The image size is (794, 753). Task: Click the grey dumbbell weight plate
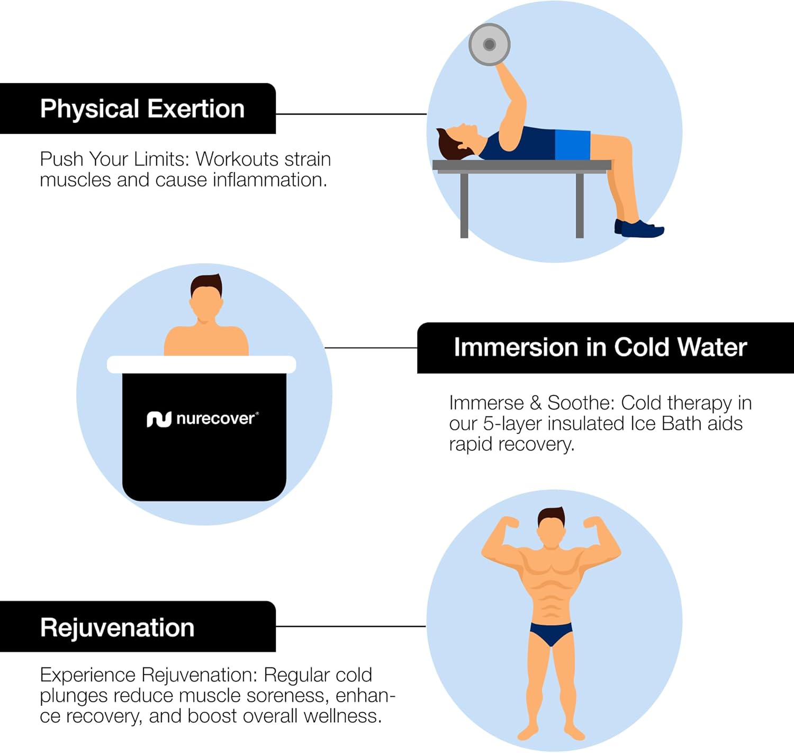pos(489,45)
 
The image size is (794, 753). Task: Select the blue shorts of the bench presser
pos(573,144)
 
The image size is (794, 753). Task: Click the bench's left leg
pos(464,206)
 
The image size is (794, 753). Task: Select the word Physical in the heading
pos(89,109)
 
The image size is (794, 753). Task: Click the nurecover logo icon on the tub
pos(159,419)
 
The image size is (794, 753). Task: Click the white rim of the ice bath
pos(201,365)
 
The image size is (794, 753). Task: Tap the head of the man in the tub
pos(206,296)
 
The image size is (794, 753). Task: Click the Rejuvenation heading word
pos(117,627)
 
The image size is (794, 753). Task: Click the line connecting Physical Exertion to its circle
pos(351,114)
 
